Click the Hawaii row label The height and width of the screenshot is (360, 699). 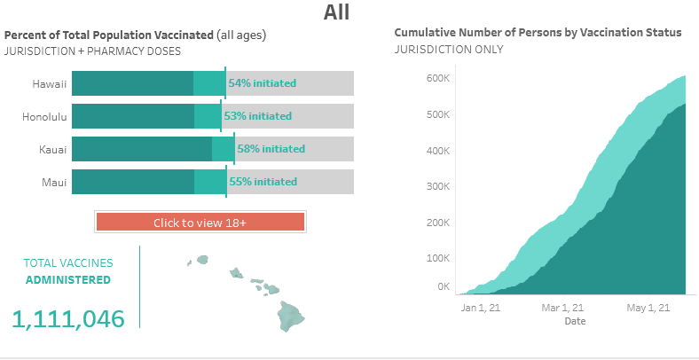[x=50, y=83]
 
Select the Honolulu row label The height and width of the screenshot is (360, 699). [x=44, y=116]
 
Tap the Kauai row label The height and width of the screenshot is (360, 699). [x=52, y=149]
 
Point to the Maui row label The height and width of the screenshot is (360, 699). [x=55, y=182]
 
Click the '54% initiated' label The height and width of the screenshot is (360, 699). [x=262, y=83]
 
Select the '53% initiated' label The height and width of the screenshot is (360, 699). [x=257, y=116]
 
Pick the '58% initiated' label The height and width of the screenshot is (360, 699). [x=271, y=149]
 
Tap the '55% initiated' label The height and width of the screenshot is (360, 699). [x=263, y=182]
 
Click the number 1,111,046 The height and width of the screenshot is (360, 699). [x=68, y=319]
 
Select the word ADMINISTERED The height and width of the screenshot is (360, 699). [x=68, y=279]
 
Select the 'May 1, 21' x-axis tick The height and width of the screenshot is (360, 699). [x=648, y=309]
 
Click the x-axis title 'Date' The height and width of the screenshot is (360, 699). [x=575, y=321]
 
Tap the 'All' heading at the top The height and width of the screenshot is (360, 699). [x=336, y=12]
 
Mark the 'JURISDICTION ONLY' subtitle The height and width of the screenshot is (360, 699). [x=448, y=49]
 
